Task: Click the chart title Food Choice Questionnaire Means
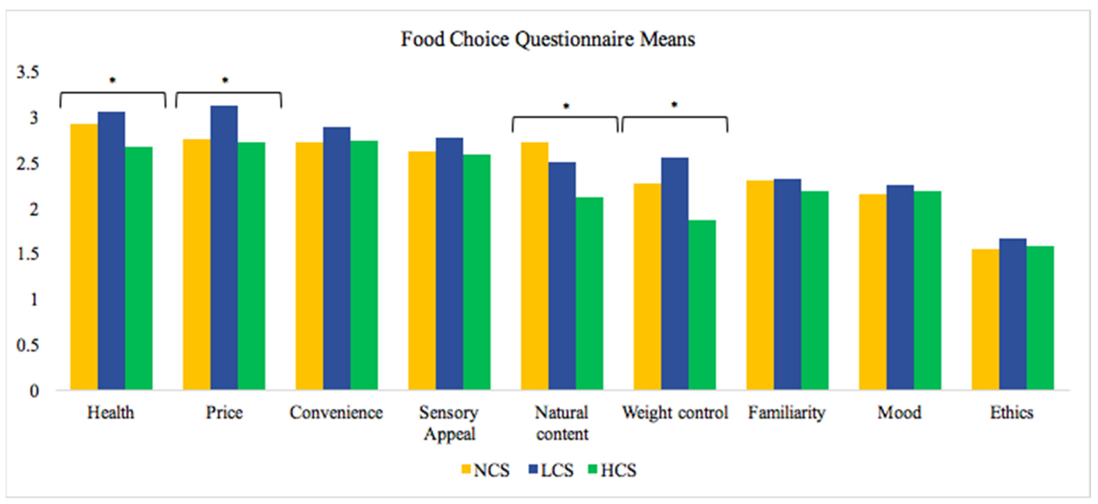[x=548, y=39]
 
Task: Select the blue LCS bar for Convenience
[x=337, y=258]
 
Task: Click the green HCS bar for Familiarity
[x=814, y=290]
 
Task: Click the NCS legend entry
[x=485, y=470]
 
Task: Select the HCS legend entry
[x=613, y=470]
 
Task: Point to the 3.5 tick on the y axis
[x=28, y=72]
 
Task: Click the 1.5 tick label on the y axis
[x=28, y=255]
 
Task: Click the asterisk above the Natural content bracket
[x=566, y=106]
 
